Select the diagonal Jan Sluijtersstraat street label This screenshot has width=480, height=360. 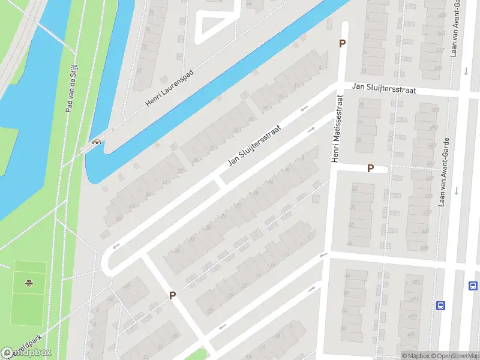pos(254,146)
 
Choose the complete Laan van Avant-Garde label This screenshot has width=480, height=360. pos(443,170)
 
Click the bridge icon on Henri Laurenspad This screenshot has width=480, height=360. pos(96,143)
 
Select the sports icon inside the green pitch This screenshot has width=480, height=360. pos(28,283)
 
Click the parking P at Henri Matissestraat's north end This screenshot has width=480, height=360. pos(343,44)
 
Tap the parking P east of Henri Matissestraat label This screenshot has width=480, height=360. pos(370,169)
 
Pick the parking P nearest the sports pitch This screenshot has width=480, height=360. pos(172,295)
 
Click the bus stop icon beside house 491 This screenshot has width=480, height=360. pos(441,305)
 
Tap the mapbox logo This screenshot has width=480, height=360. pos(26,353)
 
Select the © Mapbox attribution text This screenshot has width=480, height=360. pos(416,356)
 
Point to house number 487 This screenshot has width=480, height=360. pos(415,282)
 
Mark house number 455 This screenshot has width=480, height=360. pos(434,110)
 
